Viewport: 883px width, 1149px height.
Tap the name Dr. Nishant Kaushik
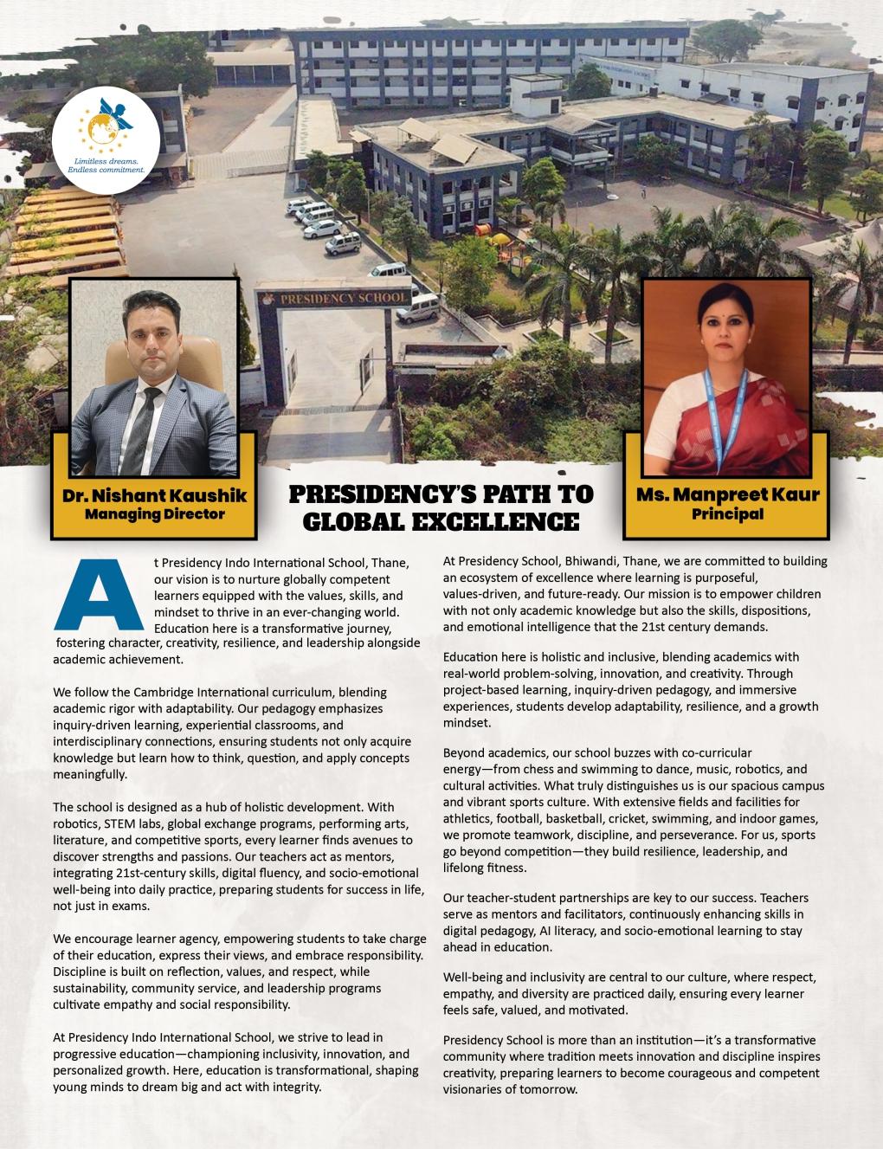click(154, 496)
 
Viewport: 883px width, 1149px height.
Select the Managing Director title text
click(154, 514)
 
